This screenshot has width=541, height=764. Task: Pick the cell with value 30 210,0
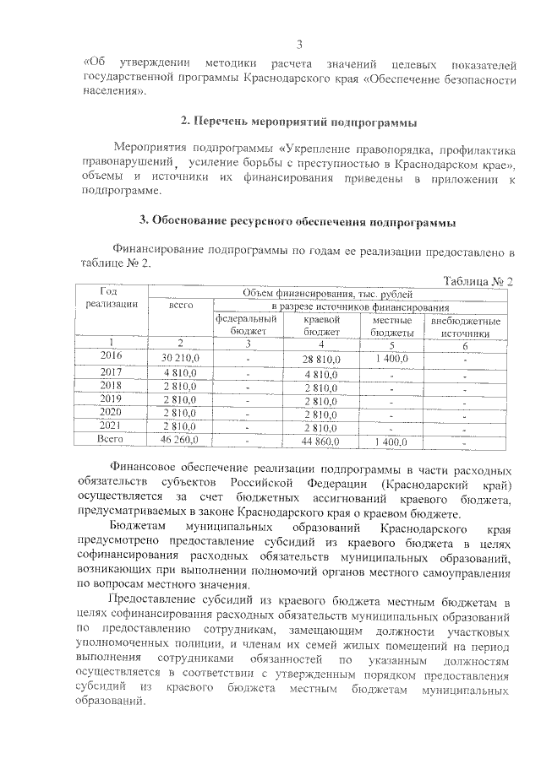pos(180,359)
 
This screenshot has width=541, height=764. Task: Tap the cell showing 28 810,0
pos(322,360)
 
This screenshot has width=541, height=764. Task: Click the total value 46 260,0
pos(179,441)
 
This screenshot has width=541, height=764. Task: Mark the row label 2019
pos(112,398)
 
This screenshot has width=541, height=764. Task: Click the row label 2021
pos(112,425)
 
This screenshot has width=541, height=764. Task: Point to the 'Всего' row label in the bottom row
pos(112,440)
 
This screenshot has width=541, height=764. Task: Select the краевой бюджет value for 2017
pos(321,373)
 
